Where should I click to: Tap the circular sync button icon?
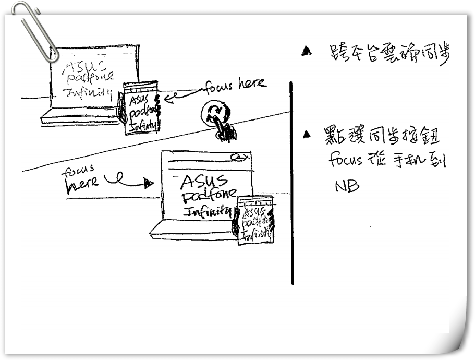tap(214, 113)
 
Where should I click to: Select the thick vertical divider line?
tap(291, 183)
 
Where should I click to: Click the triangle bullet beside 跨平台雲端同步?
tap(307, 51)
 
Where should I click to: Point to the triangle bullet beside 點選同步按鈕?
tap(307, 135)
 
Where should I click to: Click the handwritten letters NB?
tap(347, 186)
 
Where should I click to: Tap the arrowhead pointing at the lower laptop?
tap(149, 183)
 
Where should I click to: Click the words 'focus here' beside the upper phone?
tap(235, 85)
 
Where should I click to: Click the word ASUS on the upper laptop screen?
tap(83, 66)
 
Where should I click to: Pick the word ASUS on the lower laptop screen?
tap(203, 182)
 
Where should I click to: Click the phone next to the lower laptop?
tap(255, 220)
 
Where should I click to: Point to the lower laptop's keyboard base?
tap(193, 230)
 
